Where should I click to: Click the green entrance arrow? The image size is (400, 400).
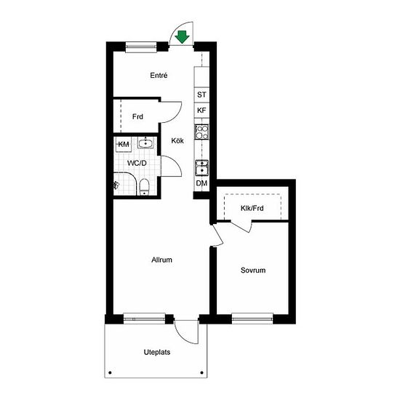click(x=182, y=37)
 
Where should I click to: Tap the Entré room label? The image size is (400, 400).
click(x=159, y=76)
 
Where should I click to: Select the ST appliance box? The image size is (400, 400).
click(x=201, y=95)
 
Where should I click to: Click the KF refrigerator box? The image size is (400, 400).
click(x=201, y=111)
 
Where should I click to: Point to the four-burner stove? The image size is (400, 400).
click(x=201, y=132)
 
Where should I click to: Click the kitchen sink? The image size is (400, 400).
click(x=201, y=168)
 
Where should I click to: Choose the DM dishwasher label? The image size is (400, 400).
click(x=201, y=183)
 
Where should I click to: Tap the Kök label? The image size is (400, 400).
click(x=177, y=141)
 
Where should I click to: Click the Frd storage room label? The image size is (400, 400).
click(x=137, y=117)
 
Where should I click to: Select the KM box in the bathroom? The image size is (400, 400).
click(x=124, y=145)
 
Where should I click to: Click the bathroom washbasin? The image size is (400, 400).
click(x=145, y=143)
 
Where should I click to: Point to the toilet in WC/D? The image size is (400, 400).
click(x=145, y=187)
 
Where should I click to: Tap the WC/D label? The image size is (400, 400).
click(x=137, y=163)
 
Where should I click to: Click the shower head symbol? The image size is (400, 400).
click(x=116, y=185)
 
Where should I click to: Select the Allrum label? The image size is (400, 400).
click(x=161, y=260)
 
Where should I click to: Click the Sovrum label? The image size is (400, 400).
click(x=253, y=270)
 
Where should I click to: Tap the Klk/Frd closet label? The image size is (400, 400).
click(x=252, y=208)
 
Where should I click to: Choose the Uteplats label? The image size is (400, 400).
click(x=157, y=352)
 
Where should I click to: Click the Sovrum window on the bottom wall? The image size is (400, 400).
click(x=252, y=319)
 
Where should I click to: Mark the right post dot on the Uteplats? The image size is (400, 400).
click(x=201, y=372)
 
